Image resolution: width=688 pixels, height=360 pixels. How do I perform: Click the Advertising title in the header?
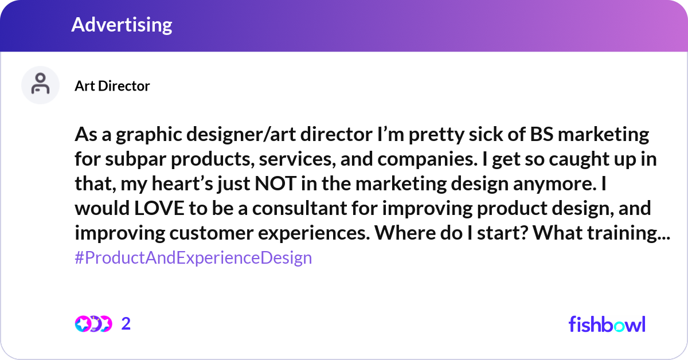[x=122, y=25]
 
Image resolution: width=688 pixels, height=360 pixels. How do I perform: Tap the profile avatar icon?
[x=40, y=85]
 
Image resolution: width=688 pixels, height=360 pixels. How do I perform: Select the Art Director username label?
[x=112, y=86]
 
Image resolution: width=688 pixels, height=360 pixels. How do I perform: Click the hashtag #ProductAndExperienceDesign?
[x=193, y=257]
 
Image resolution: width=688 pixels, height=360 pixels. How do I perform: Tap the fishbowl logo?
[x=607, y=324]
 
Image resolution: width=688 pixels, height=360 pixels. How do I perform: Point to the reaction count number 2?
[x=126, y=324]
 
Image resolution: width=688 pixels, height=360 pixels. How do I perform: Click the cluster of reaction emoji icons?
[x=93, y=324]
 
